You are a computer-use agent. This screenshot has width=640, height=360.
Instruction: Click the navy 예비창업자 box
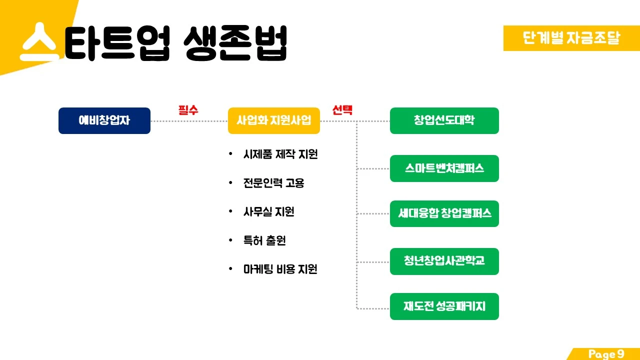point(104,120)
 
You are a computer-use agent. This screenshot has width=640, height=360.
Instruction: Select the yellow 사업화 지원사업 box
point(273,120)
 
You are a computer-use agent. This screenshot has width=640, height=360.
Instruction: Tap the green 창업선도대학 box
point(444,120)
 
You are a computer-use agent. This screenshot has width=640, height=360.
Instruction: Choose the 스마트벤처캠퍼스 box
point(444,168)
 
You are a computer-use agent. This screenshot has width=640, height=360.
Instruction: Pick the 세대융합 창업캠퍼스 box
point(444,213)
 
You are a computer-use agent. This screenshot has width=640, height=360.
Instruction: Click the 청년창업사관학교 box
point(444,261)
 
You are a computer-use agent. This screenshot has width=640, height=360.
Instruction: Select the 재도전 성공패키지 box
point(444,306)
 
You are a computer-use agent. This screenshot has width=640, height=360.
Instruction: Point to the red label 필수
point(188,110)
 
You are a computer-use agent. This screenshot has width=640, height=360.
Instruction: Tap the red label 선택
point(342,110)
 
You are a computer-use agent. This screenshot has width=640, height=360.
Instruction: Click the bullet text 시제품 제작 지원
point(280,154)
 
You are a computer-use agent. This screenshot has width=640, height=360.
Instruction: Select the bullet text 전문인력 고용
point(273,183)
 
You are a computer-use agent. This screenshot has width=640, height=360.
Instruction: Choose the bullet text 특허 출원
point(264,240)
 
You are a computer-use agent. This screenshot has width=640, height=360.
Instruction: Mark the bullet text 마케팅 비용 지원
point(280,269)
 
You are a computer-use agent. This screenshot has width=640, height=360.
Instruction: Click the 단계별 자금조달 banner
point(571,38)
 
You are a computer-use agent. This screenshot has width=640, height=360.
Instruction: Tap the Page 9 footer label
point(606,354)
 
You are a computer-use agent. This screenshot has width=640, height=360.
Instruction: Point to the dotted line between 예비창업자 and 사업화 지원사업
point(189,121)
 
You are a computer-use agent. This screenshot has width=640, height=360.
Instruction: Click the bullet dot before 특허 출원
point(230,240)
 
